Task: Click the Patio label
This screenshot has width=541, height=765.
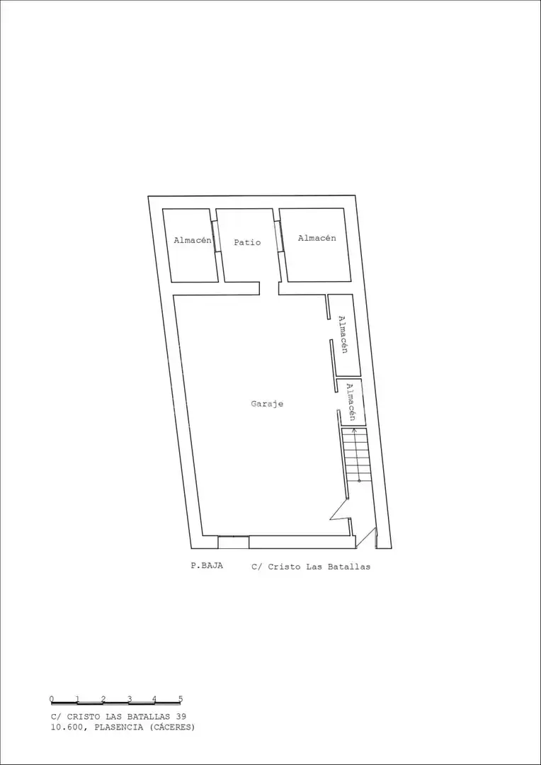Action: tap(247, 242)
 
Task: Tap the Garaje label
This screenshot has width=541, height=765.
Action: tap(268, 404)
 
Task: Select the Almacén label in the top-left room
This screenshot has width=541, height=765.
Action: tap(193, 240)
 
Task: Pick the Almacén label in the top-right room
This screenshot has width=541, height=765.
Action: tap(317, 238)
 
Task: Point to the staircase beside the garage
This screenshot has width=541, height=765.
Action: tap(357, 455)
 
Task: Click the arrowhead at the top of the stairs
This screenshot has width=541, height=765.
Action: tap(354, 431)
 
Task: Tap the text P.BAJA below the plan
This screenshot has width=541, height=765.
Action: tap(207, 566)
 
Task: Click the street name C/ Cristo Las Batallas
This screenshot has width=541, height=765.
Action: tap(311, 567)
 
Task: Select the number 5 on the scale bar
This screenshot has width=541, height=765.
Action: tap(181, 698)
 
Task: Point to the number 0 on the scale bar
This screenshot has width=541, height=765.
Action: tap(52, 698)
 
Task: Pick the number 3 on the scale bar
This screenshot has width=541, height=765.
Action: tap(130, 698)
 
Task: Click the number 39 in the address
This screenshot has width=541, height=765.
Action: tap(181, 716)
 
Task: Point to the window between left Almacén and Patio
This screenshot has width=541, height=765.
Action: tap(215, 237)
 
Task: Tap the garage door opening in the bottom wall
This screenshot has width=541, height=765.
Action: tap(233, 542)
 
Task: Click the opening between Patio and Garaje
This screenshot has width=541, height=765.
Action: tap(269, 288)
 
